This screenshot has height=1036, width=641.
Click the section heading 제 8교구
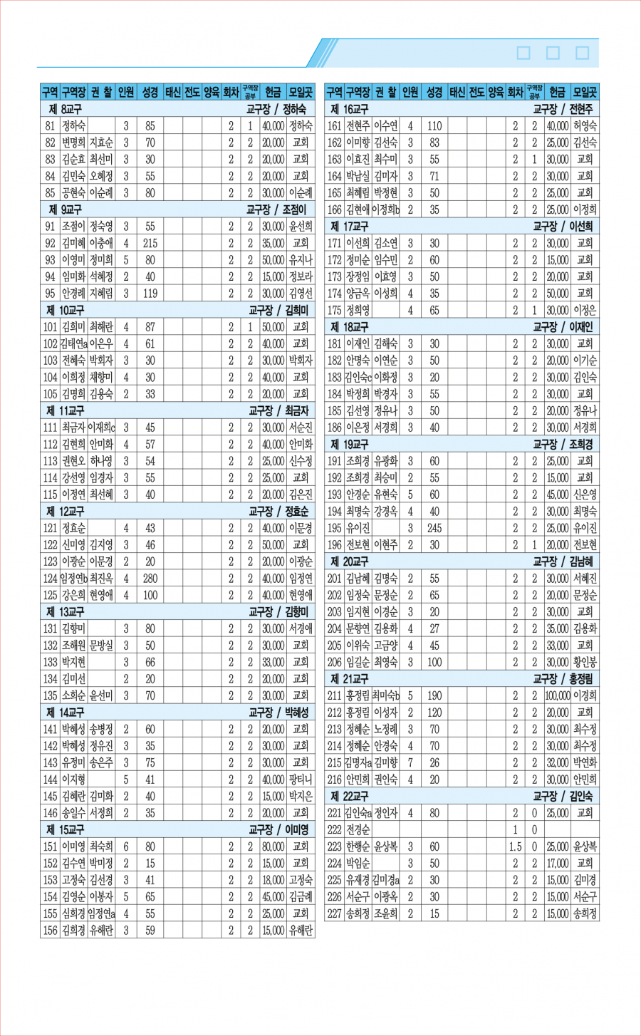point(65,109)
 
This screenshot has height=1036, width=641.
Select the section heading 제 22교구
point(350,796)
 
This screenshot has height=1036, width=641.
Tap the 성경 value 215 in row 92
point(150,243)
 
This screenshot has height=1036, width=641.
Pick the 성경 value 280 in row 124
point(150,578)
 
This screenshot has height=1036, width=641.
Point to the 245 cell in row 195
point(434,528)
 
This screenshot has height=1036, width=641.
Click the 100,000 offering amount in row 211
point(558,695)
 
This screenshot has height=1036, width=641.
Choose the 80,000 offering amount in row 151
point(273,846)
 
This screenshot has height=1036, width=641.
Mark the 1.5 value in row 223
point(515,846)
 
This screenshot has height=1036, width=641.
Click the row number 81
point(50,126)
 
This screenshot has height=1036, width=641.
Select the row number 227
point(335,913)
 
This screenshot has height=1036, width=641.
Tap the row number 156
point(50,930)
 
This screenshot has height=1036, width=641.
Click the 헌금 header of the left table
point(273,92)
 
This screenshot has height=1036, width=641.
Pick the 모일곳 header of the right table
point(585,92)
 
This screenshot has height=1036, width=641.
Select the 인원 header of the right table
point(410,92)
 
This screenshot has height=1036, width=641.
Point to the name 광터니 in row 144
point(301,779)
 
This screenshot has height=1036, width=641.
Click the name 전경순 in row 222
point(358,829)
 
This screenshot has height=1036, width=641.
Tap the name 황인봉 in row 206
point(585,662)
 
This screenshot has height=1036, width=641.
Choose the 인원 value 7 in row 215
point(410,762)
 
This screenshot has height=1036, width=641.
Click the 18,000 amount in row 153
point(273,880)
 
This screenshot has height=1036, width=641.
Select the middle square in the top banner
point(553,53)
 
